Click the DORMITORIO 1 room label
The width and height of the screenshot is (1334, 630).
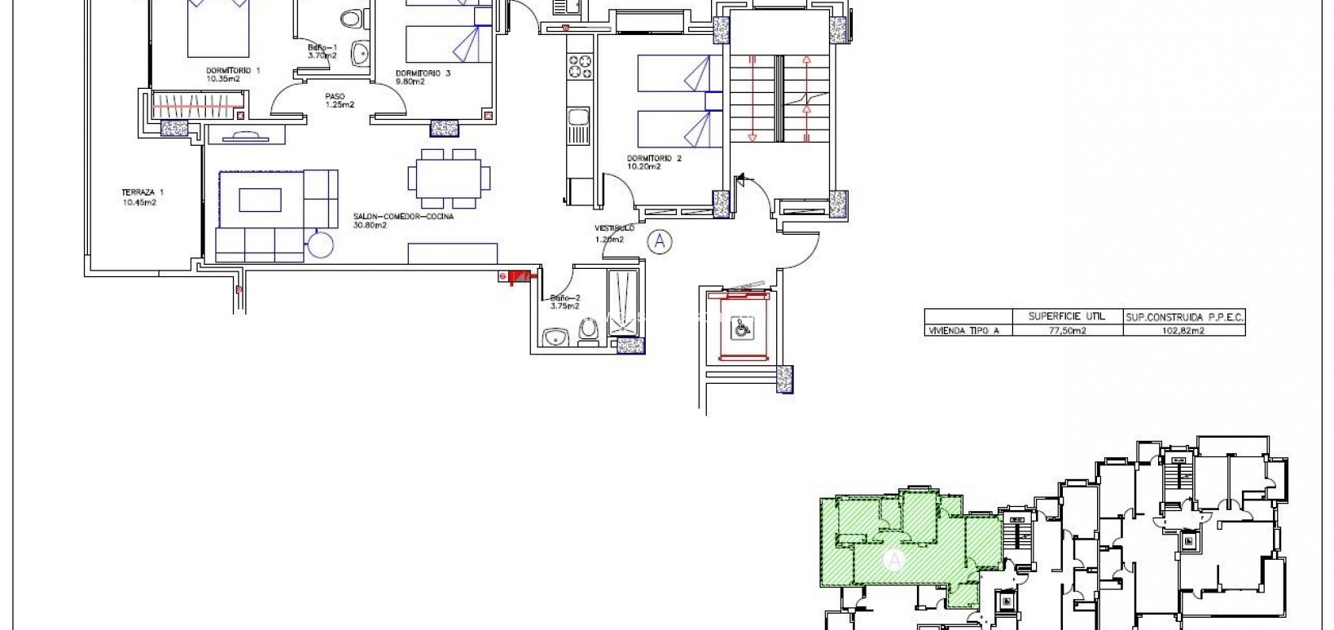pyautogui.click(x=233, y=70)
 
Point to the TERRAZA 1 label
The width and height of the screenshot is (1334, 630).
pyautogui.click(x=138, y=192)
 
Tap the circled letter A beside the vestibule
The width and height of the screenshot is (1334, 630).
pyautogui.click(x=660, y=240)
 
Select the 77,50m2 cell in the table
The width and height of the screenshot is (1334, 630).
pyautogui.click(x=1066, y=331)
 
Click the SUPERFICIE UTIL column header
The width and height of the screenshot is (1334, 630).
pyautogui.click(x=1066, y=316)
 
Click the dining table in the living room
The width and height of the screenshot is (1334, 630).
pyautogui.click(x=450, y=177)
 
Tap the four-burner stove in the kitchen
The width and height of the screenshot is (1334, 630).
pyautogui.click(x=580, y=66)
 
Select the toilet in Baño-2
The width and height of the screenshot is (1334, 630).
pyautogui.click(x=588, y=332)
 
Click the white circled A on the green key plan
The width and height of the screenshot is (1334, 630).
pyautogui.click(x=894, y=560)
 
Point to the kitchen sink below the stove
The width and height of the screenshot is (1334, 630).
pyautogui.click(x=579, y=127)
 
